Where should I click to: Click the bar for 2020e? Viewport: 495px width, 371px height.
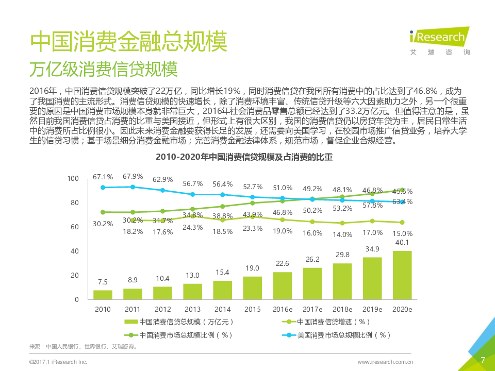[402, 275]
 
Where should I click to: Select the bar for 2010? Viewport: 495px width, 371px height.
[103, 294]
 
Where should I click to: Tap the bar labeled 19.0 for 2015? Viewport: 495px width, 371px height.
[252, 288]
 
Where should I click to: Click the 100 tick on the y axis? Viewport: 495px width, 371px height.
[73, 178]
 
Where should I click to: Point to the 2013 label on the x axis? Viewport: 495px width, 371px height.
[192, 309]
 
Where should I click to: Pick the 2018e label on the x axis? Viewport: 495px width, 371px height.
[342, 309]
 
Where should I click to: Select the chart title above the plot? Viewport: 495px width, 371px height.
[244, 158]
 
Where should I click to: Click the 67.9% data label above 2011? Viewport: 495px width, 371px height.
[133, 177]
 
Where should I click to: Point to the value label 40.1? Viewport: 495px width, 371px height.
[402, 243]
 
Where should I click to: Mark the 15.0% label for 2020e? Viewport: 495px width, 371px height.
[402, 233]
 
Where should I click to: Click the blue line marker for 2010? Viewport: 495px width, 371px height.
[103, 188]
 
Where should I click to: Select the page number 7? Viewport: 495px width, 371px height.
[483, 360]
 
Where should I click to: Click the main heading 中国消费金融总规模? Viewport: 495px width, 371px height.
[128, 42]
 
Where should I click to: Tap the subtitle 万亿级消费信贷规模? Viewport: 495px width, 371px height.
[104, 69]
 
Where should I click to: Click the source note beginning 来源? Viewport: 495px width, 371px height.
[83, 347]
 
